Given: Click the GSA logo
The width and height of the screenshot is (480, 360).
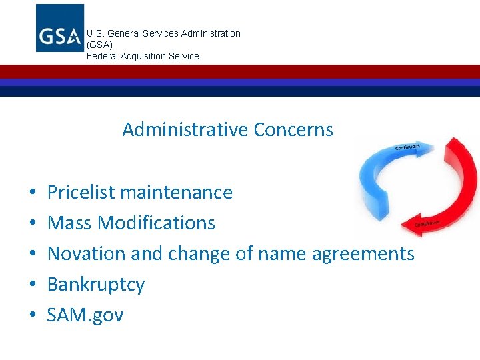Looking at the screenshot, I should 60,28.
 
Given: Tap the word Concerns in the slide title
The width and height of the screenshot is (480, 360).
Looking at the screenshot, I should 292,129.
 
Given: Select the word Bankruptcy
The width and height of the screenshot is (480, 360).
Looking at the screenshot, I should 96,285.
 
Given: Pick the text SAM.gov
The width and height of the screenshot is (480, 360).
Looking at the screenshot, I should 85,315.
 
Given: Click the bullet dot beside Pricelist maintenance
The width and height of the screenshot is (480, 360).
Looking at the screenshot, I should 32,193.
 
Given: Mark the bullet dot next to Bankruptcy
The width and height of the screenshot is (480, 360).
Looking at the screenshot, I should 32,285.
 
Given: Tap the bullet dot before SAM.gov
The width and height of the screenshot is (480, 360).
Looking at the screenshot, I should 32,315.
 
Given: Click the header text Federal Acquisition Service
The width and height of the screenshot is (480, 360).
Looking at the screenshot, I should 143,56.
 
